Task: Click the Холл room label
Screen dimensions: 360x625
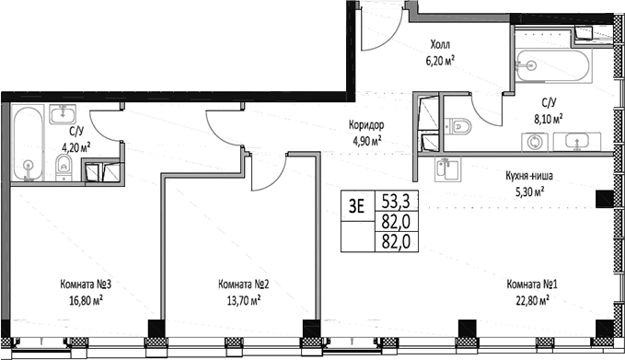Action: click(x=442, y=43)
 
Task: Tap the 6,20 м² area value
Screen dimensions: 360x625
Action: click(x=442, y=58)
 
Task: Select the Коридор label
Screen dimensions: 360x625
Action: click(x=365, y=125)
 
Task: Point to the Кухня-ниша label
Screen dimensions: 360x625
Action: click(x=529, y=176)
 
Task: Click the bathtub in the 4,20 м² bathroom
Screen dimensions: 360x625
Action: click(x=29, y=144)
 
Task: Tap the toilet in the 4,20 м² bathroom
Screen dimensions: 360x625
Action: click(x=63, y=166)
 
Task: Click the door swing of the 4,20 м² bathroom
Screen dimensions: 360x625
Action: click(x=107, y=123)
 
